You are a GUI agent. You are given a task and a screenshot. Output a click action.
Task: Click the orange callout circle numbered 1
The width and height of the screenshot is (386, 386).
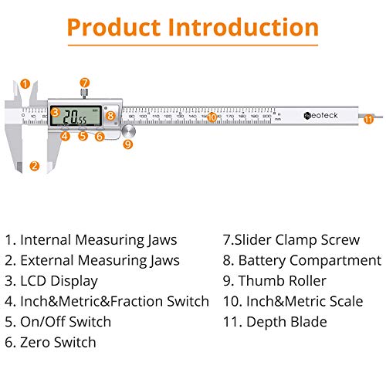25,84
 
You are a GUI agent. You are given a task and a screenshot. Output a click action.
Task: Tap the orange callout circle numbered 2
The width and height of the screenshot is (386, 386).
34,165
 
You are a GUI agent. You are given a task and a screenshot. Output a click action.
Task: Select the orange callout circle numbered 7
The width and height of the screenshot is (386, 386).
84,82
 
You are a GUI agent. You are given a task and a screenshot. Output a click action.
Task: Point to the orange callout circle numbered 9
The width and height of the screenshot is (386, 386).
127,144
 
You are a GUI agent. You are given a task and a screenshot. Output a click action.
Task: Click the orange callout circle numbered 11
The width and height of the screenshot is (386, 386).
368,118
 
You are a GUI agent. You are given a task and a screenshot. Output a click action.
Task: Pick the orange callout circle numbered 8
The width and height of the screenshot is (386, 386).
111,117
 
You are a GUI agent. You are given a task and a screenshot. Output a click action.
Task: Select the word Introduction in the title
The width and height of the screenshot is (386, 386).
245,28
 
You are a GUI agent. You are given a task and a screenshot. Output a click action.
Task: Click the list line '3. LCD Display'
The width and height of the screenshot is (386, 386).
52,281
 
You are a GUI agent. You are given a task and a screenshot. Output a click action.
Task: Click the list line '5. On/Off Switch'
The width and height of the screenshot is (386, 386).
59,321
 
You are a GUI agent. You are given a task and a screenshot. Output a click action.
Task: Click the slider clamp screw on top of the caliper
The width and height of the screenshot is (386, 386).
84,93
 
